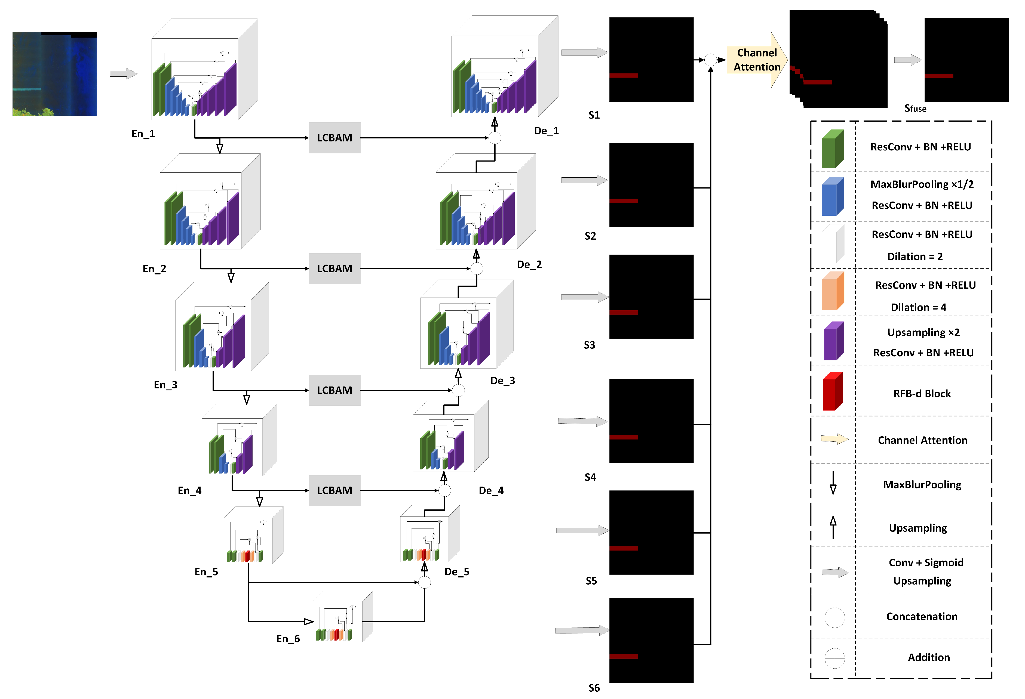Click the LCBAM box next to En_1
(334, 138)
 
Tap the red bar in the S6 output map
(624, 656)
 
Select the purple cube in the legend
(834, 341)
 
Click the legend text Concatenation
(922, 616)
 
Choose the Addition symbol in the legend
(834, 658)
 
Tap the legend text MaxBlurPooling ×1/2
(922, 184)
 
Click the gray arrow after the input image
(124, 74)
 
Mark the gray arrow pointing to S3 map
(584, 297)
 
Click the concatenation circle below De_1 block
(495, 138)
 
